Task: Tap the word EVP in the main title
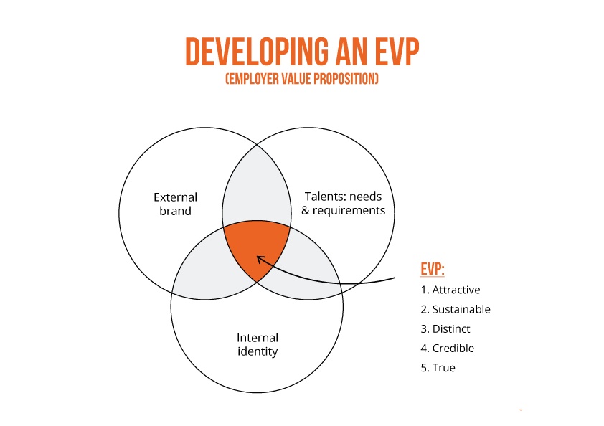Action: pos(397,51)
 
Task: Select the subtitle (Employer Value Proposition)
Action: pos(302,79)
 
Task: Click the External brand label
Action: pos(175,204)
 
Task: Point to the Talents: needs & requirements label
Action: pos(343,204)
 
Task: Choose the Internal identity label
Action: pos(258,344)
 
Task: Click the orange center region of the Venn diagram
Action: pos(256,247)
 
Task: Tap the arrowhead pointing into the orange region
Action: pos(261,260)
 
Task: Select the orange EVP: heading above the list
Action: pos(433,269)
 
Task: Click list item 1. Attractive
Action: pos(450,290)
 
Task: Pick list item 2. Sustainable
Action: pos(456,309)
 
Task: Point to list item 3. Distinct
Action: pos(445,329)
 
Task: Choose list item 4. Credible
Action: pos(447,349)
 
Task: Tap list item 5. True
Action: pos(438,368)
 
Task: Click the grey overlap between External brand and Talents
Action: pos(257,185)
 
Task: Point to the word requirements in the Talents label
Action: pos(349,211)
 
